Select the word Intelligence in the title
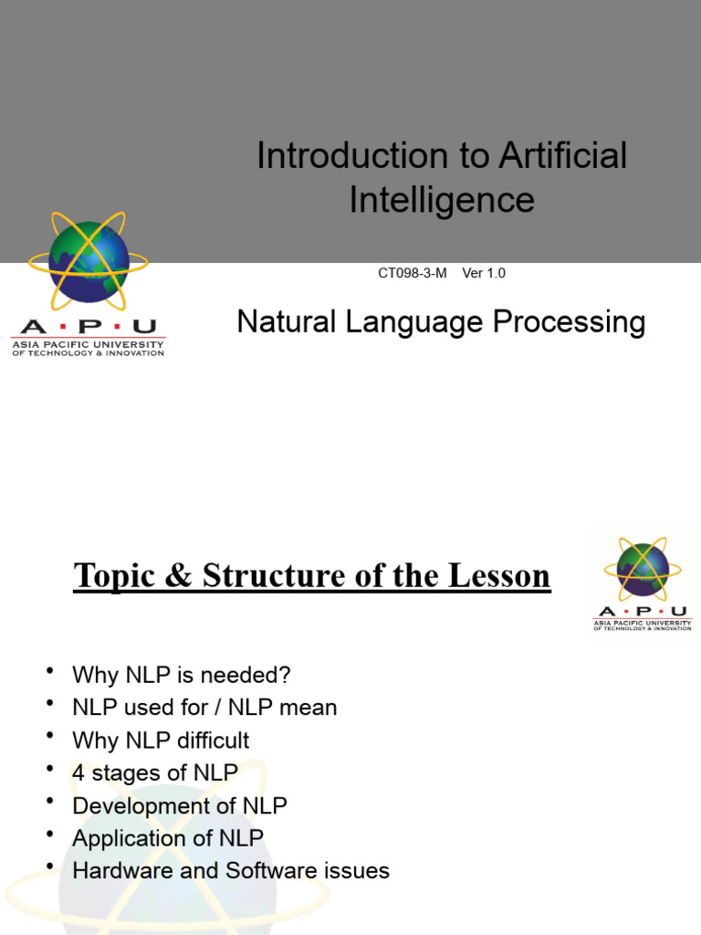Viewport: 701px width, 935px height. (x=442, y=200)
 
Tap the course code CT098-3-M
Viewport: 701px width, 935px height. (x=412, y=273)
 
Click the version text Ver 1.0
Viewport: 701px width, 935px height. (x=484, y=273)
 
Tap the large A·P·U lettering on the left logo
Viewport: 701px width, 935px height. (x=88, y=327)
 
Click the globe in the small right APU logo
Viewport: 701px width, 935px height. (x=643, y=569)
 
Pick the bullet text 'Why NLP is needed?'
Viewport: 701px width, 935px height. (x=182, y=676)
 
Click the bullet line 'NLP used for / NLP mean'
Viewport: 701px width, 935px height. (x=204, y=708)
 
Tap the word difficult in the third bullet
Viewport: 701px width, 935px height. (x=213, y=741)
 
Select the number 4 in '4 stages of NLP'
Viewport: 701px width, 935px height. (x=78, y=773)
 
